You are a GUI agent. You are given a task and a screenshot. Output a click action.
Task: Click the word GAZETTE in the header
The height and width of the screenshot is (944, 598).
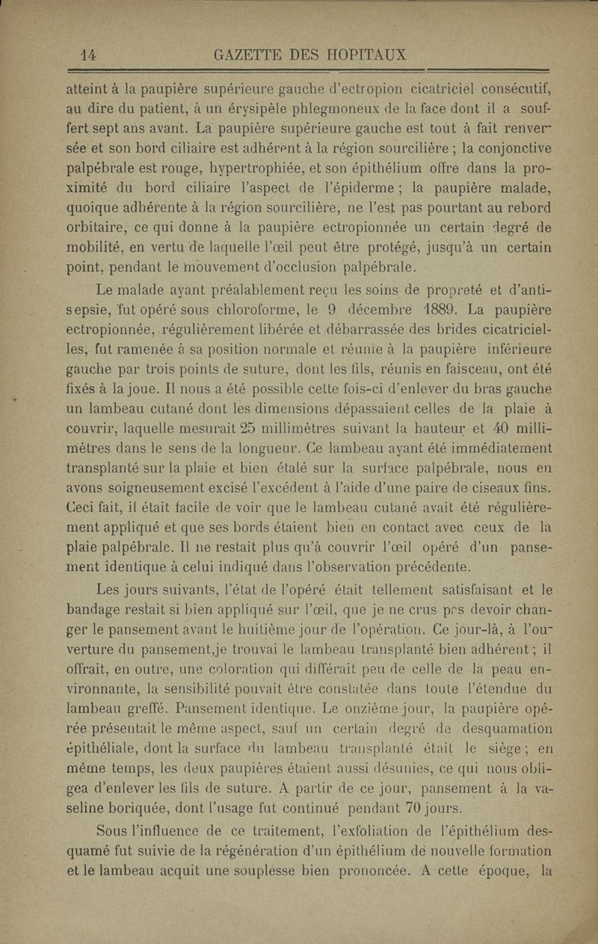point(247,55)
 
